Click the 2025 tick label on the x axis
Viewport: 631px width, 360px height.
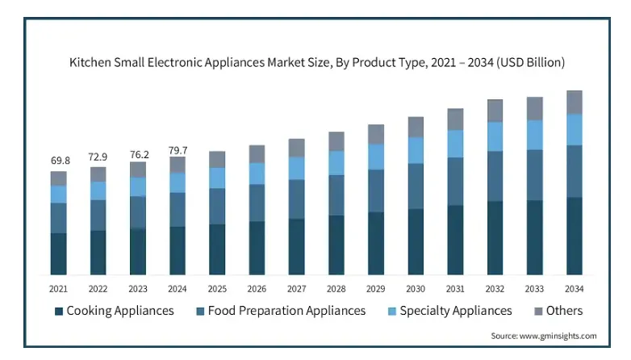coord(217,288)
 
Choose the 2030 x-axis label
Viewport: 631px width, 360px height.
coord(416,288)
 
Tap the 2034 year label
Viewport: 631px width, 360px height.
coord(575,288)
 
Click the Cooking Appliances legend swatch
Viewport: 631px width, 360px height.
coord(59,311)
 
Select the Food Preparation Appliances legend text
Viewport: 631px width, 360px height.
coord(286,311)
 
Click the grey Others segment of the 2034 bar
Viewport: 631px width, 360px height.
coord(575,102)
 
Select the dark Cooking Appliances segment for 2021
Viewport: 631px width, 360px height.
coord(59,254)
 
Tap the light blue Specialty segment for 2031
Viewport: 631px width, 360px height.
coord(456,144)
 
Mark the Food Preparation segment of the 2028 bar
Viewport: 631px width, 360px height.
coord(336,195)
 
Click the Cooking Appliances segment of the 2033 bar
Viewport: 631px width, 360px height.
coord(535,237)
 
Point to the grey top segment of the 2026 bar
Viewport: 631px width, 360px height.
coord(257,154)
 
